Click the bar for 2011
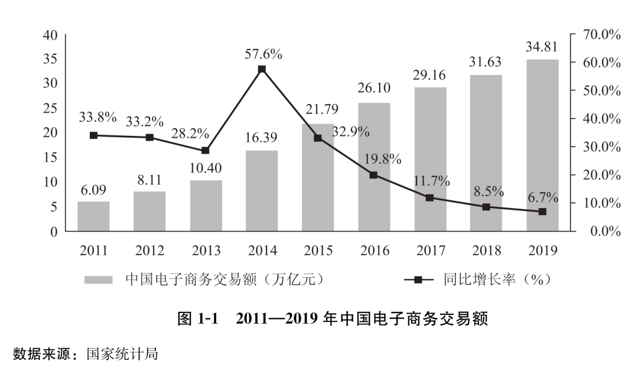[x=93, y=216]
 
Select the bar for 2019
[x=542, y=145]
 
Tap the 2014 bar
[x=262, y=191]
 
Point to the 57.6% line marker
[x=262, y=69]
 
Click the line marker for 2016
[x=373, y=175]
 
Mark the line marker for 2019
[x=542, y=212]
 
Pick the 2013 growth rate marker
[x=206, y=151]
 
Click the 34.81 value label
[x=542, y=46]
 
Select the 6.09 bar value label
[x=93, y=190]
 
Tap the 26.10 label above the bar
[x=373, y=88]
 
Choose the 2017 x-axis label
[x=431, y=251]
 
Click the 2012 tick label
[x=149, y=251]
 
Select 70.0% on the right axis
[x=601, y=35]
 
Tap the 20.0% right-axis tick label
[x=601, y=175]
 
